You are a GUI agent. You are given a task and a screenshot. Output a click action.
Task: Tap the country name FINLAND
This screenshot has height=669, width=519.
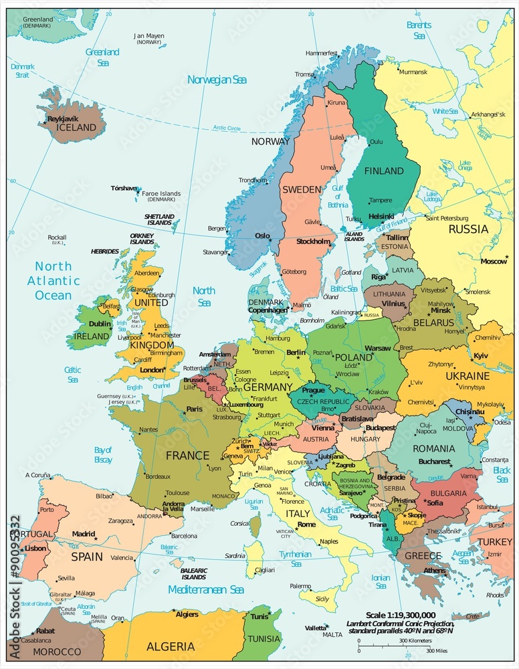click(384, 171)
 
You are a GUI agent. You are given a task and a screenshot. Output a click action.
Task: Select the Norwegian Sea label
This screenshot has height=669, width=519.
click(217, 80)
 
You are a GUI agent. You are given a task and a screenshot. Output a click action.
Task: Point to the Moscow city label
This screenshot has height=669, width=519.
click(494, 261)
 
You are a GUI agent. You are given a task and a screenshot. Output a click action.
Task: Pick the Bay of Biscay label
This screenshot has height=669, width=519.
click(103, 454)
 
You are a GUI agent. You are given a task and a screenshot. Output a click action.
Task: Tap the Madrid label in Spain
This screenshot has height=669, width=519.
click(84, 535)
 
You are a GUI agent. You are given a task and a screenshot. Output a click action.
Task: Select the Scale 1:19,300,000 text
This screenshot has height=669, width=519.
click(401, 615)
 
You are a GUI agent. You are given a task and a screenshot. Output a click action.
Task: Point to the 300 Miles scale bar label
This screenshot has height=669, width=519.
click(439, 650)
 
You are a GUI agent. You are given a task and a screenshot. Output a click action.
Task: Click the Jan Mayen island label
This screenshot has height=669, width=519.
click(148, 35)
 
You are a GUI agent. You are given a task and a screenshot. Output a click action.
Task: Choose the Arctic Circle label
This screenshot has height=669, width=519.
click(226, 128)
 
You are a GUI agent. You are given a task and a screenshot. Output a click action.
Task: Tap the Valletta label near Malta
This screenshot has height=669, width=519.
click(316, 628)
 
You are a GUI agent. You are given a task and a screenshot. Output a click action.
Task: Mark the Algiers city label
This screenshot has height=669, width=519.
click(187, 614)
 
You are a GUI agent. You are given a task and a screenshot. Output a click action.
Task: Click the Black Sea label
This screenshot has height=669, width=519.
click(501, 474)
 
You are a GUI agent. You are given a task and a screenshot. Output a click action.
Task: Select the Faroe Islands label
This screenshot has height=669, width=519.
click(161, 194)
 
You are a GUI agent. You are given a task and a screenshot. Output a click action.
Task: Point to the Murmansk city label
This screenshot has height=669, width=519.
click(413, 72)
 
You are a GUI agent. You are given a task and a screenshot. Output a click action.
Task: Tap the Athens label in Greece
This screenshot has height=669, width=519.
click(435, 571)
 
